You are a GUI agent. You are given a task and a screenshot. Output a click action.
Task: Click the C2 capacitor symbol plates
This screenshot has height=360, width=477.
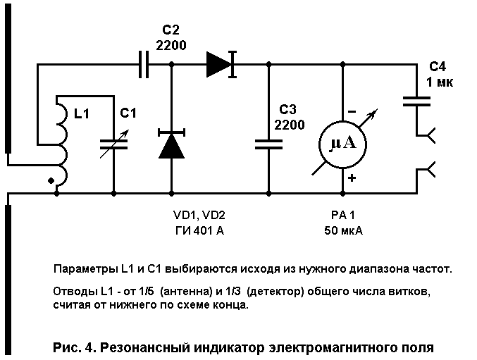click(x=144, y=64)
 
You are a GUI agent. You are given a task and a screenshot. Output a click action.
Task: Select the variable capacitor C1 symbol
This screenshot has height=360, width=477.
click(x=114, y=144)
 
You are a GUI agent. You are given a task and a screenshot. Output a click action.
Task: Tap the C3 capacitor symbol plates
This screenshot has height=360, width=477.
click(x=268, y=144)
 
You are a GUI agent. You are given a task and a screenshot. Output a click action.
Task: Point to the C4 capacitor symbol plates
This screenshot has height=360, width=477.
click(x=417, y=101)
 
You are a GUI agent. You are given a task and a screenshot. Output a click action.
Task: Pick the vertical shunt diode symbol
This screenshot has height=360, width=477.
click(x=171, y=144)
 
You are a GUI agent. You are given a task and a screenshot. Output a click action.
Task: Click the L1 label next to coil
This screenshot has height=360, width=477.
click(x=82, y=113)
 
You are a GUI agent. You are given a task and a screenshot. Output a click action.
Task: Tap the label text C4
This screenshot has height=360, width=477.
click(x=438, y=67)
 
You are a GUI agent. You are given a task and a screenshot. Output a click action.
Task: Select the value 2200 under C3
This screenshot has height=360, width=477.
click(x=290, y=125)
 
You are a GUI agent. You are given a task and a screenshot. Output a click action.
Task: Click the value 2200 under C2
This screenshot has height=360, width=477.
click(x=171, y=45)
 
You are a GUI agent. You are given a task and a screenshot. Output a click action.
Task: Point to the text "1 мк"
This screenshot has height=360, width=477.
click(x=440, y=82)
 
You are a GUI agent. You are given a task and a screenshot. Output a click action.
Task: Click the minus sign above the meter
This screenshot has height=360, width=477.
click(x=352, y=112)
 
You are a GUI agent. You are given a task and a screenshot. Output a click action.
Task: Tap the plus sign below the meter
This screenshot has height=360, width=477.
click(x=352, y=178)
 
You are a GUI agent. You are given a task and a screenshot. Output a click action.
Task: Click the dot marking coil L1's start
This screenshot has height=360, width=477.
click(x=51, y=181)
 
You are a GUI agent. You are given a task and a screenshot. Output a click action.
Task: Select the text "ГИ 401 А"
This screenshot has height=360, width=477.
click(x=199, y=231)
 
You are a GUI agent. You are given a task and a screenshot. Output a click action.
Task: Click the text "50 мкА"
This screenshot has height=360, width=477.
click(x=343, y=231)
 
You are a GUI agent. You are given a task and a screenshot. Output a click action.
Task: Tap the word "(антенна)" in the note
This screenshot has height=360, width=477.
click(x=186, y=291)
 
